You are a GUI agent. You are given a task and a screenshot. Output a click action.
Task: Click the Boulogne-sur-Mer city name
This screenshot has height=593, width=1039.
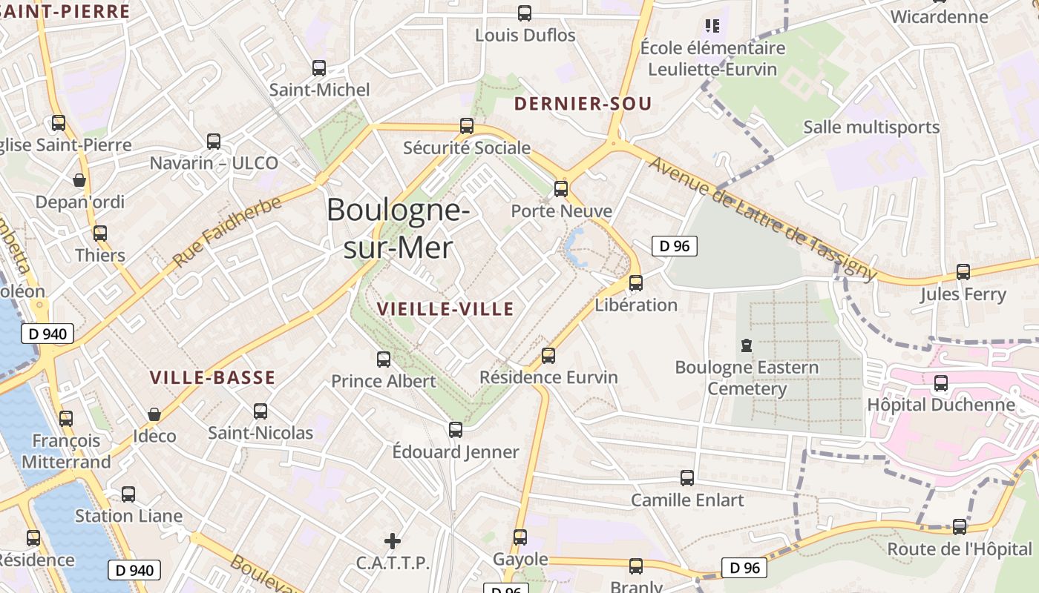pyautogui.click(x=398, y=228)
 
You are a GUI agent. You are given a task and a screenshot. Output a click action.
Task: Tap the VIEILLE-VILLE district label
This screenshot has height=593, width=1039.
pyautogui.click(x=445, y=308)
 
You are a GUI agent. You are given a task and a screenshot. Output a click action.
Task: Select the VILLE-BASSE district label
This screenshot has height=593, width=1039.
pyautogui.click(x=212, y=377)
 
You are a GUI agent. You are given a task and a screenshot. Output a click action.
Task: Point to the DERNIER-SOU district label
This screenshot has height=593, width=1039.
pyautogui.click(x=583, y=104)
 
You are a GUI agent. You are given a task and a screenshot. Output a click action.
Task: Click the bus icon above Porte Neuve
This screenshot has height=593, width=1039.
pyautogui.click(x=561, y=188)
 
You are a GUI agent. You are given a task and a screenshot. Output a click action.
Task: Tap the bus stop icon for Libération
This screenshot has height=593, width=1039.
pyautogui.click(x=636, y=282)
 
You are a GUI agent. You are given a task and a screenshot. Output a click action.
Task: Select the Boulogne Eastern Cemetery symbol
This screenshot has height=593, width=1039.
pyautogui.click(x=746, y=345)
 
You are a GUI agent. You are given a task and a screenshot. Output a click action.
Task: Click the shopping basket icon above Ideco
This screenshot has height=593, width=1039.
pyautogui.click(x=154, y=414)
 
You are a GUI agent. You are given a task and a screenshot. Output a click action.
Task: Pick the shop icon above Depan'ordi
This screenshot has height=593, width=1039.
pyautogui.click(x=79, y=179)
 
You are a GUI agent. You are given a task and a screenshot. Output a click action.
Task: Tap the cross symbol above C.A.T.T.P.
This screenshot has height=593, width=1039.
pyautogui.click(x=393, y=541)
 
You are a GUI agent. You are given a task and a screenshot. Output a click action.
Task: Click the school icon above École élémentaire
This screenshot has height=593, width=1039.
pyautogui.click(x=712, y=26)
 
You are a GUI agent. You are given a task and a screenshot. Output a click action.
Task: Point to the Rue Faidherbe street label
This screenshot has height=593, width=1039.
pyautogui.click(x=227, y=231)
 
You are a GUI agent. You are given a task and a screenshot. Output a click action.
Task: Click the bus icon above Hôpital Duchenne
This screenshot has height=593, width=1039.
pyautogui.click(x=941, y=383)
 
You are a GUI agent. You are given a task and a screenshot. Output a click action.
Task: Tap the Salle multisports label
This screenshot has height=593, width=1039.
pyautogui.click(x=871, y=127)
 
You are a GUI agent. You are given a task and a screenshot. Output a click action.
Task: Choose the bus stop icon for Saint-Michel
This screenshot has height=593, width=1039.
pyautogui.click(x=319, y=68)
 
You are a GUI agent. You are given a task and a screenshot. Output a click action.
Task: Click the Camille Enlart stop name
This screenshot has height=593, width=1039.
pyautogui.click(x=687, y=500)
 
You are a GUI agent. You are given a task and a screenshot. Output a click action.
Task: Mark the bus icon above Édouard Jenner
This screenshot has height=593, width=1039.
pyautogui.click(x=456, y=429)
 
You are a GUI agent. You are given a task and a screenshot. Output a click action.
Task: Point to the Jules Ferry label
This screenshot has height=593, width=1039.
pyautogui.click(x=963, y=294)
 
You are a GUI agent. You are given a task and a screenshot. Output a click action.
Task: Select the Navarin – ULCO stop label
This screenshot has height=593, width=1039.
pyautogui.click(x=214, y=163)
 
